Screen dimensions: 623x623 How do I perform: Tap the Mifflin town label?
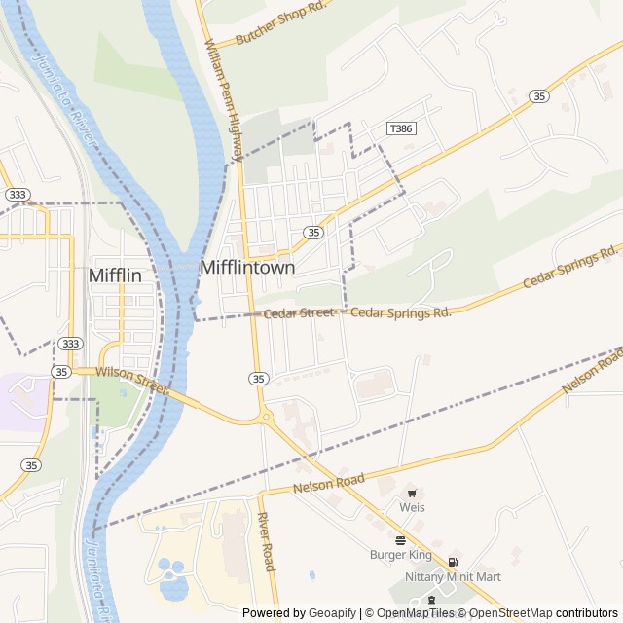115,275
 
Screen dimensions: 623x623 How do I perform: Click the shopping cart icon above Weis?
412,494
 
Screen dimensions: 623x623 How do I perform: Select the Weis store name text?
412,507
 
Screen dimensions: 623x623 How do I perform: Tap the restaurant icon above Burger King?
400,540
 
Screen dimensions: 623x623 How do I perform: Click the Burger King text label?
400,555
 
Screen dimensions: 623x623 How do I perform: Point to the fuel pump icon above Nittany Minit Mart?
453,563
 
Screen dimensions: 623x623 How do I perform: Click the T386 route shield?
399,128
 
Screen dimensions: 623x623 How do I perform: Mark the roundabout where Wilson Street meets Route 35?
265,418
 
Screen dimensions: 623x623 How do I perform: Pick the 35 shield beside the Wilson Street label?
61,372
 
